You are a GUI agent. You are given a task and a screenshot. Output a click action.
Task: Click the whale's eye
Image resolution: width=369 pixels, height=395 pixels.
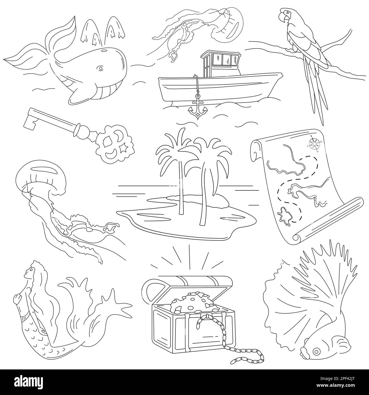pos(100,69)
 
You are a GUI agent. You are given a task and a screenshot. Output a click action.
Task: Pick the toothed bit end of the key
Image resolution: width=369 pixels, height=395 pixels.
pos(30,120)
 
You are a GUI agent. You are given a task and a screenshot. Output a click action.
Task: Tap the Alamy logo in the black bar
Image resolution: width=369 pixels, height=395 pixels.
pos(29,382)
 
